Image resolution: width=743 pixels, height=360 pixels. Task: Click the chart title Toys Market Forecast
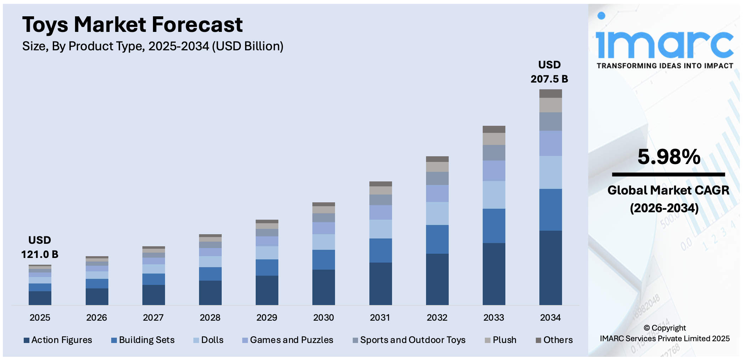point(132,25)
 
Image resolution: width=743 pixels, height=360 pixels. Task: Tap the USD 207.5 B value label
point(549,72)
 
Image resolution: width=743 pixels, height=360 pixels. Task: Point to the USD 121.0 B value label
point(40,247)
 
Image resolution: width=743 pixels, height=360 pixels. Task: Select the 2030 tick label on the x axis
point(323,317)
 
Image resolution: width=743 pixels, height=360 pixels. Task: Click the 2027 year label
point(153,317)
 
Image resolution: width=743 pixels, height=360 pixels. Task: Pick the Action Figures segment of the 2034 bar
point(550,268)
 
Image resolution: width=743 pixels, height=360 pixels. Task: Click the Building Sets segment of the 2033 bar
point(494,226)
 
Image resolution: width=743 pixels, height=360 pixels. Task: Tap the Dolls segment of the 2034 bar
point(550,172)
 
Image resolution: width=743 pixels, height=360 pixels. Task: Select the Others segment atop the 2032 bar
point(437,159)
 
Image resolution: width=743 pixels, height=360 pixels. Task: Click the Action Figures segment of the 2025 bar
point(40,298)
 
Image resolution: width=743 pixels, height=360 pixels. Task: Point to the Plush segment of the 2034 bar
point(550,105)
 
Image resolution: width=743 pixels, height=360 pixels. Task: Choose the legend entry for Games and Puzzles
point(288,340)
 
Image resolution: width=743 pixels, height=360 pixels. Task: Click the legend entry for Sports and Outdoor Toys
point(409,340)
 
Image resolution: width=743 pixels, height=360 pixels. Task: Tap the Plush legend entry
point(500,340)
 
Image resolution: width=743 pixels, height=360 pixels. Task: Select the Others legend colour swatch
point(538,341)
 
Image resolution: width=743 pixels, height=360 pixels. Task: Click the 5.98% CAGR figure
point(669,157)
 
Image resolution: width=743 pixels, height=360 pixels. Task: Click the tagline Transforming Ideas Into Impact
point(665,66)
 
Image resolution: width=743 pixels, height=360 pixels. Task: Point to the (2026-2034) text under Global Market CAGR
point(664,208)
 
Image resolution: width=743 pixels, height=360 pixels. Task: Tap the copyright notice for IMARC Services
point(664,333)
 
